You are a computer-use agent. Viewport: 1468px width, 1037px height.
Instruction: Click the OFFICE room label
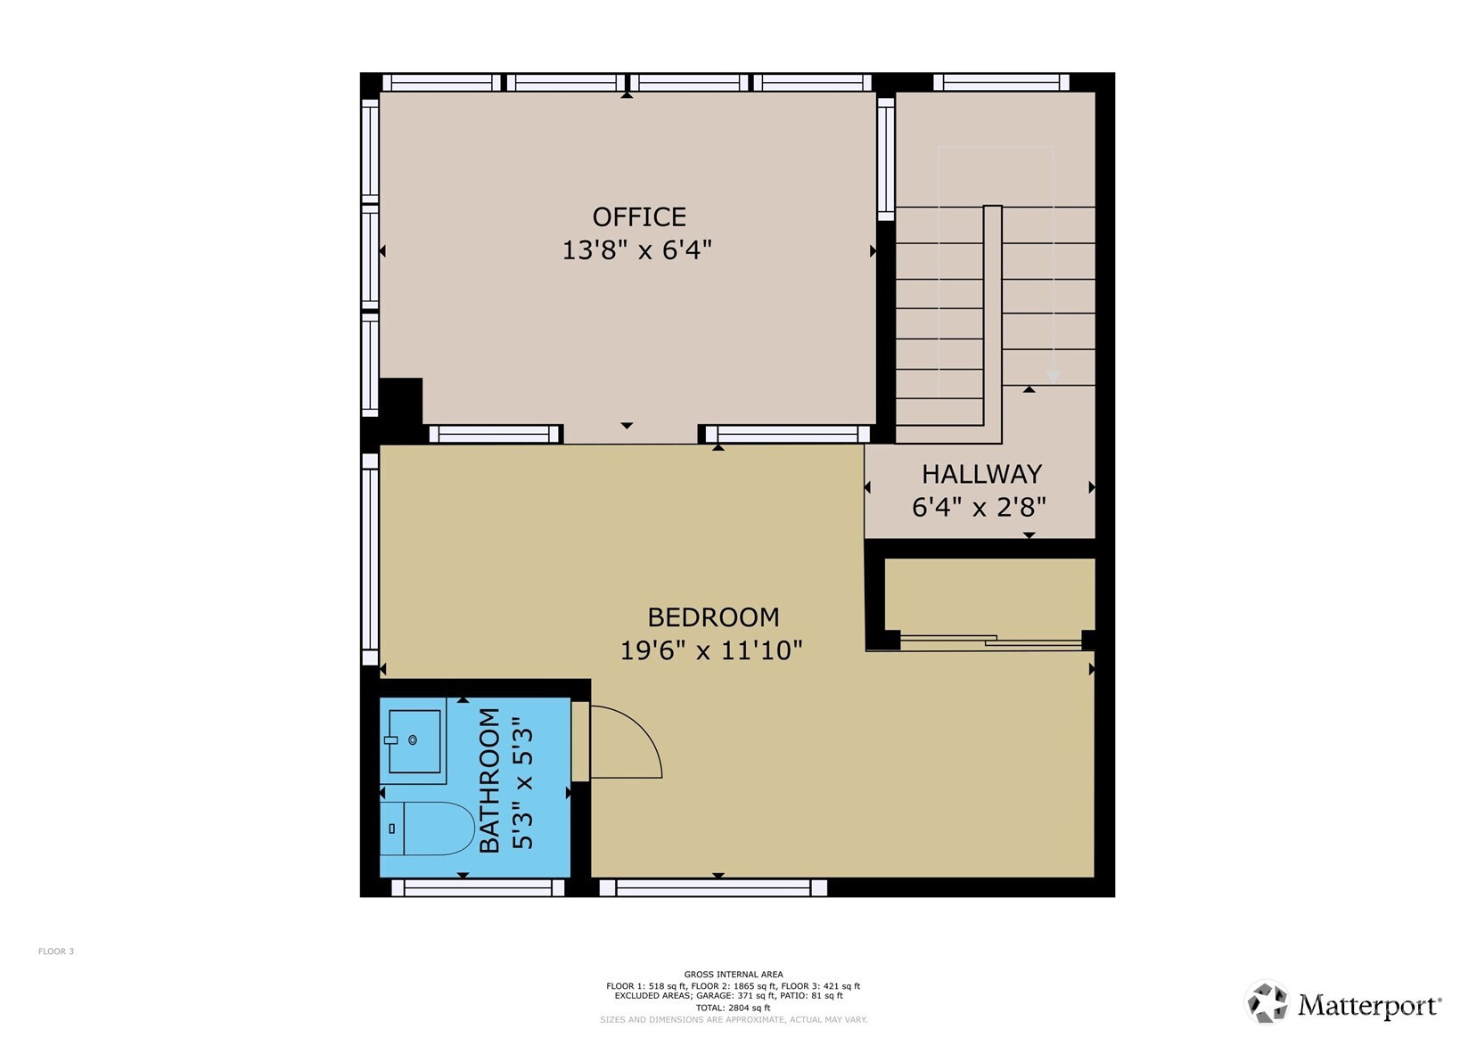639,216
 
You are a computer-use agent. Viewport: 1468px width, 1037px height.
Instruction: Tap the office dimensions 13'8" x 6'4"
637,249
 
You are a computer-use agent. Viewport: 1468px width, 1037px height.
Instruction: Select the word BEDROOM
713,617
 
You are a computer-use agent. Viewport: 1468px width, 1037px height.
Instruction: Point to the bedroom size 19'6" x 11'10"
711,650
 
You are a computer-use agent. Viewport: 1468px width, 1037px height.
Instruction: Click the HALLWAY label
981,474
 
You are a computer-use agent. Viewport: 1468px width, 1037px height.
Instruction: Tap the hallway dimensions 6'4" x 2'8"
979,507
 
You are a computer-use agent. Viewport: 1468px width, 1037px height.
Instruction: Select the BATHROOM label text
489,780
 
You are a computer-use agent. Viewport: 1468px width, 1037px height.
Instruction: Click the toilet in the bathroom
427,828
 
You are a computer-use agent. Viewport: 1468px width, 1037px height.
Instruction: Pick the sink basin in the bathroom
414,741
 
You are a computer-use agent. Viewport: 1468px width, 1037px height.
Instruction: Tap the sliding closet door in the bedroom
990,642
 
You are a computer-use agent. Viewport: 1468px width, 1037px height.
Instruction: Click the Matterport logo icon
1267,1001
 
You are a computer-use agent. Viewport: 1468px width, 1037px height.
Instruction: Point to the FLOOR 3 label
55,951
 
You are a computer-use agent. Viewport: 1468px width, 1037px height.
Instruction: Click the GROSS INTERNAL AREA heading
734,974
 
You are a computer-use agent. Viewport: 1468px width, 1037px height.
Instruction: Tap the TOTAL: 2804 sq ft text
734,1008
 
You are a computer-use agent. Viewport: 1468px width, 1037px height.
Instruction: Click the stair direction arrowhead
1054,378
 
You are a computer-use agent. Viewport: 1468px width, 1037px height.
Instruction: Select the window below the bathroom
479,887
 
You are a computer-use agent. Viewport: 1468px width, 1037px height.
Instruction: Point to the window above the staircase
1001,82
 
